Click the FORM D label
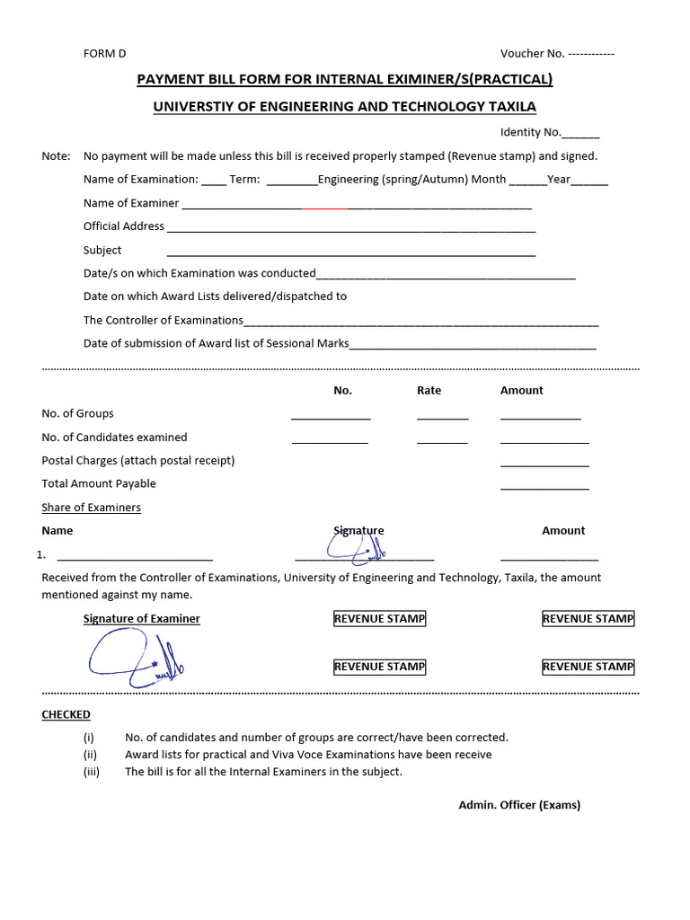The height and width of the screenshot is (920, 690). tap(105, 54)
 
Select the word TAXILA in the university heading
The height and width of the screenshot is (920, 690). tap(511, 107)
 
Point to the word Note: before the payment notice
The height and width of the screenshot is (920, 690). tap(56, 156)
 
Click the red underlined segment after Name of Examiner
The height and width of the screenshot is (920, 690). tap(325, 208)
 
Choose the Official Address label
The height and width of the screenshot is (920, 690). tap(124, 226)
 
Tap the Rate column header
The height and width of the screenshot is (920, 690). tap(429, 391)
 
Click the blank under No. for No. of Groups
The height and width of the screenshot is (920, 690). tap(331, 417)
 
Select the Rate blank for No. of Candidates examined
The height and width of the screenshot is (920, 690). tap(442, 440)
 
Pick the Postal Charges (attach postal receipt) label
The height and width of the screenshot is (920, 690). tap(138, 461)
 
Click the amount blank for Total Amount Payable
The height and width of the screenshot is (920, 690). tap(544, 487)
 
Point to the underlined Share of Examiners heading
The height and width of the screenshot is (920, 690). tap(92, 508)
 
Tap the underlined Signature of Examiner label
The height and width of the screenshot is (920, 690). tap(142, 619)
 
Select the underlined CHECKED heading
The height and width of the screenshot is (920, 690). tap(66, 715)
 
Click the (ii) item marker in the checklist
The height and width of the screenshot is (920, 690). tap(90, 755)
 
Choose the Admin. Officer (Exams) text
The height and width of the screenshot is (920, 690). tap(519, 805)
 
